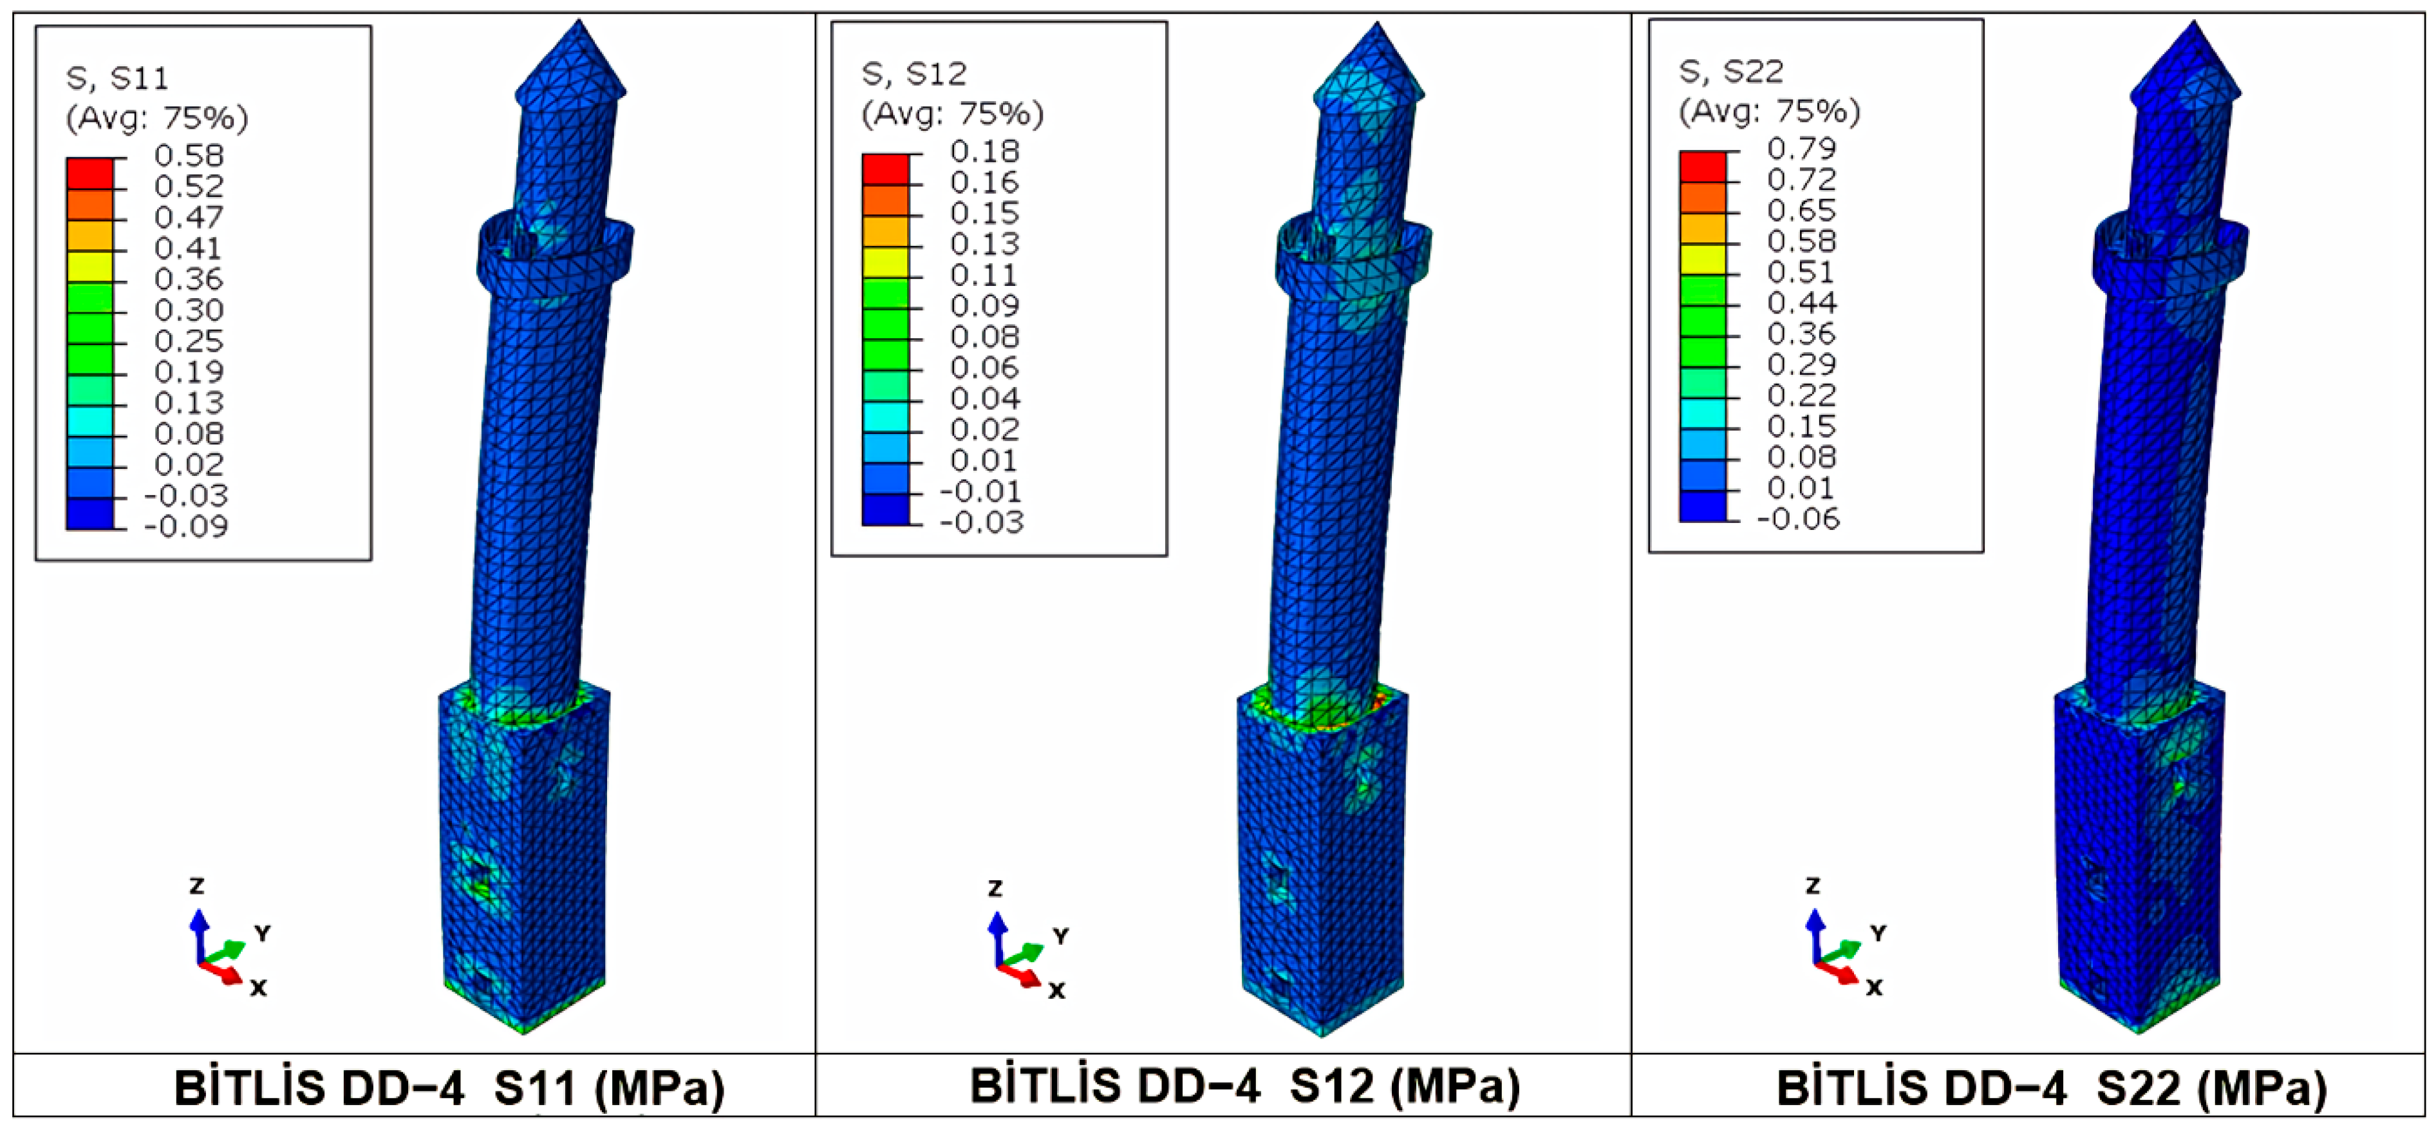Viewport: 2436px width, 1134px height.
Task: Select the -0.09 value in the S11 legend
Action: [x=185, y=526]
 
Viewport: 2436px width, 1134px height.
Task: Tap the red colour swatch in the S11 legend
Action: [x=90, y=174]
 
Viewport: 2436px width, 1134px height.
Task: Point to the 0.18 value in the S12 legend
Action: [x=984, y=151]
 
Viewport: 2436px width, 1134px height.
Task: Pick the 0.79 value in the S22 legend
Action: [x=1801, y=149]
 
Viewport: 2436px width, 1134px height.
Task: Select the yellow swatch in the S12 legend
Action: [x=885, y=262]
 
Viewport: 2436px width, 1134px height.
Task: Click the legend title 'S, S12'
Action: [x=914, y=73]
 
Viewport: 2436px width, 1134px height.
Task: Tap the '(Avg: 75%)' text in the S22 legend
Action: [x=1769, y=111]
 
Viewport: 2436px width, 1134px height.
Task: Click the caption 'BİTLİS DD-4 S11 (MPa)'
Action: [x=449, y=1089]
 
